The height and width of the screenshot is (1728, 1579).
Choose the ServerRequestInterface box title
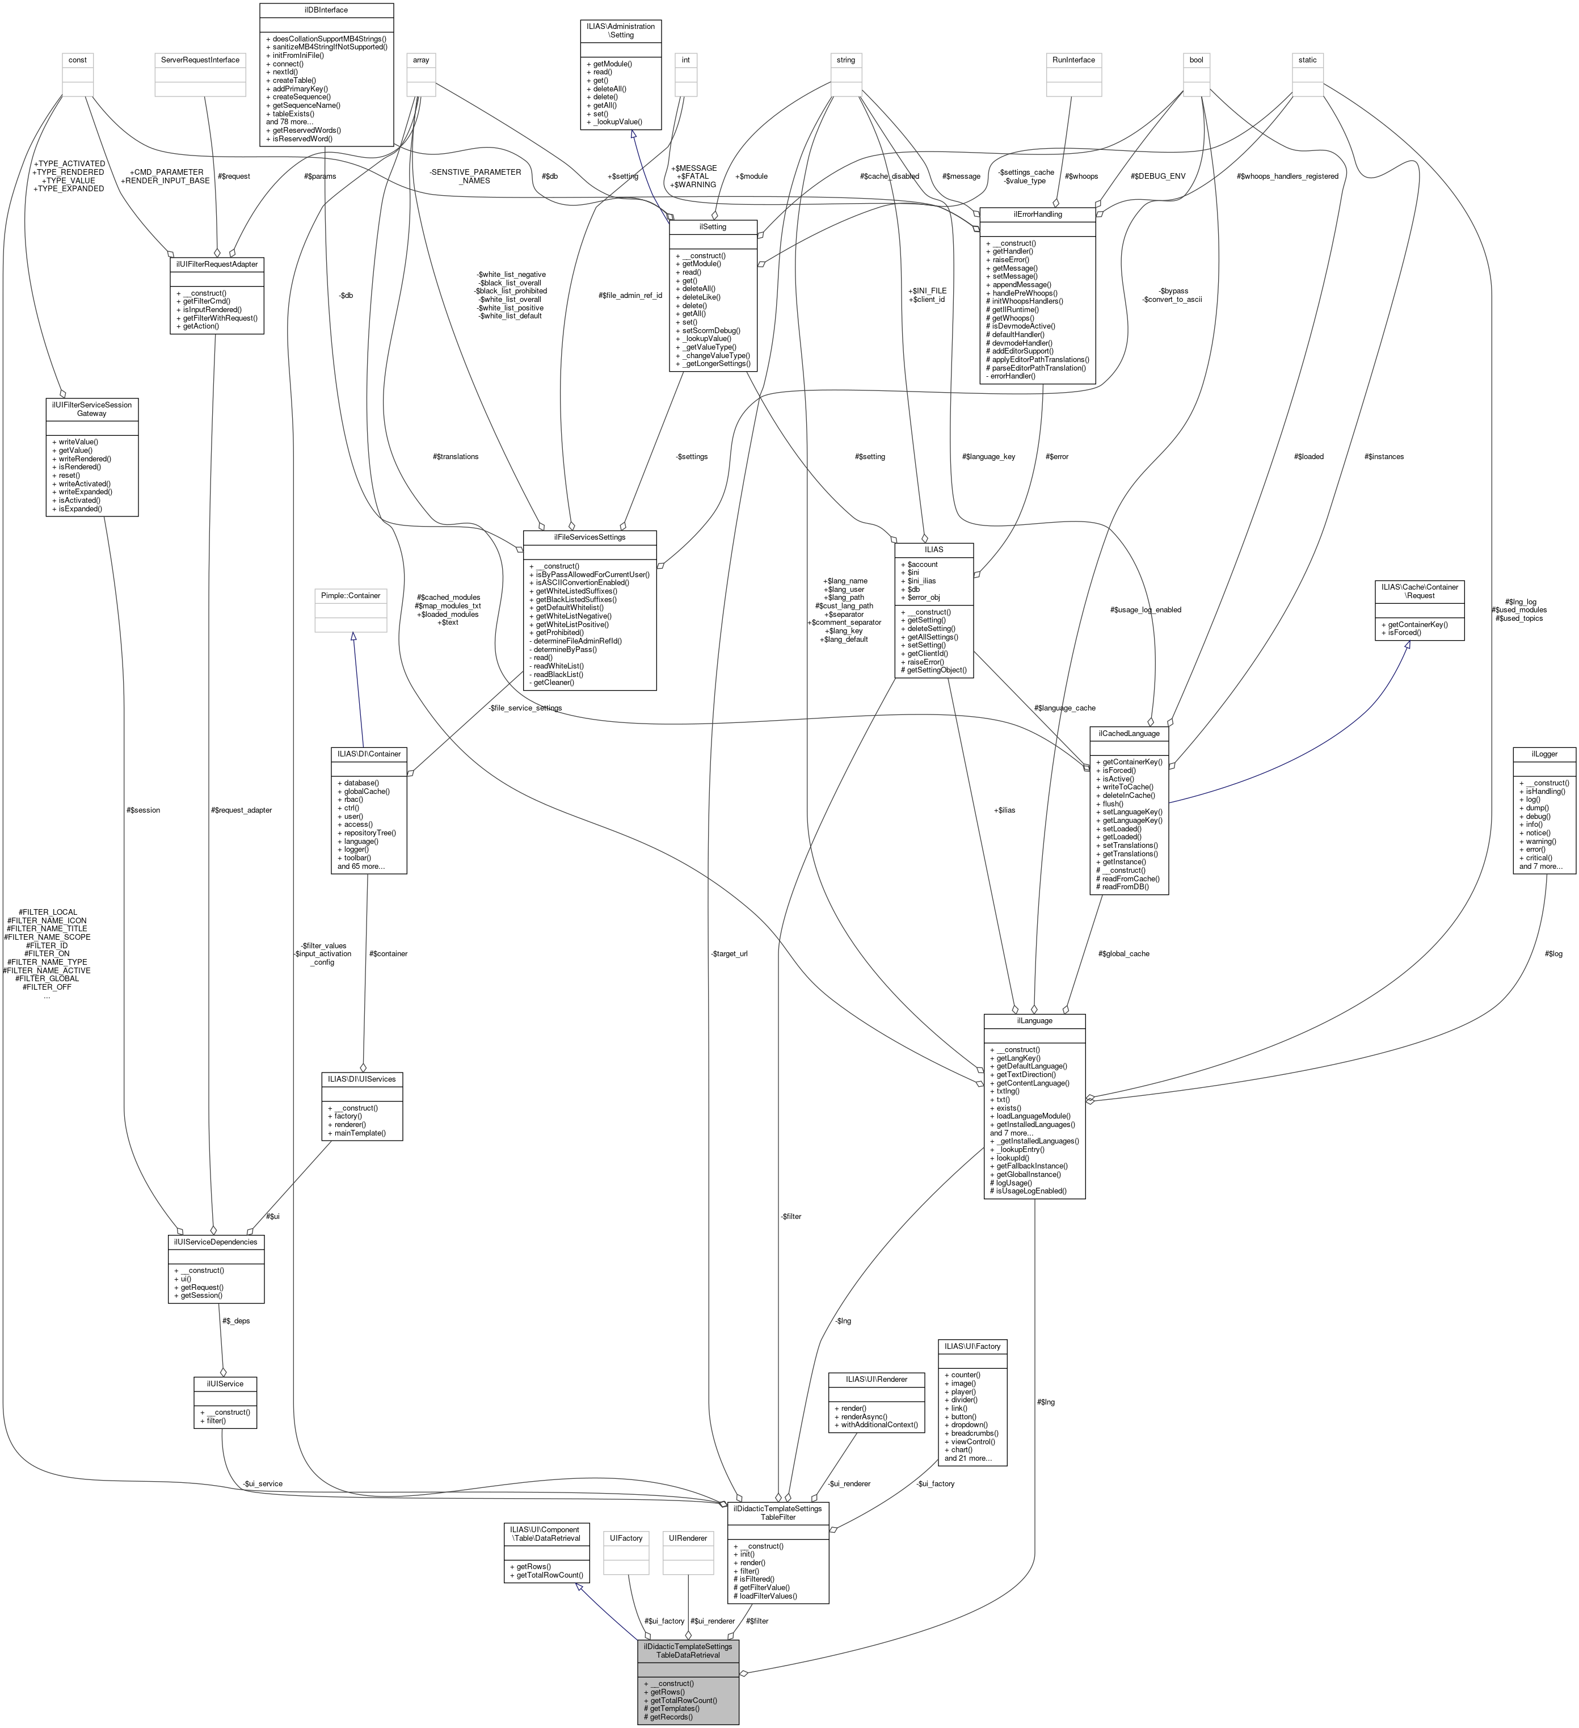pyautogui.click(x=200, y=60)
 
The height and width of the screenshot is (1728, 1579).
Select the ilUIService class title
pyautogui.click(x=225, y=1384)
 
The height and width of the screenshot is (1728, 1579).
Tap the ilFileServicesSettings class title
pyautogui.click(x=590, y=537)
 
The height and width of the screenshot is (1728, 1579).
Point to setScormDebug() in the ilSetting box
pyautogui.click(x=709, y=330)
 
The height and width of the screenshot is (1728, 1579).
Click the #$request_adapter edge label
pyautogui.click(x=242, y=810)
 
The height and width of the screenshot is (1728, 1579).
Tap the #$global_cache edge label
pyautogui.click(x=1123, y=953)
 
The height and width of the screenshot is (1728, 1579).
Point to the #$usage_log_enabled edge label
pyautogui.click(x=1146, y=609)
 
